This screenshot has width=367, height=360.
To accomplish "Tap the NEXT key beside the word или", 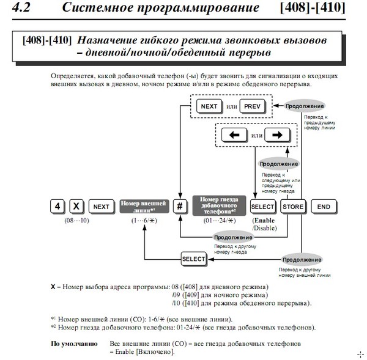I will [209, 107].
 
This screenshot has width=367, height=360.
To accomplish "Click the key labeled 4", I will [57, 207].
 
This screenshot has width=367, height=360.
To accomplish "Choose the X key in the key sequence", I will [76, 207].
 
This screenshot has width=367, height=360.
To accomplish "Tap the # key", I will [180, 207].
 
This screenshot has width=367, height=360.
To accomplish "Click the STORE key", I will [293, 207].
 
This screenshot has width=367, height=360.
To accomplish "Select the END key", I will [324, 207].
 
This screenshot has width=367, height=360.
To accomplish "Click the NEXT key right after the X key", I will [101, 207].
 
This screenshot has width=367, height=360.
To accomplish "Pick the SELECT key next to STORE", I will [263, 207].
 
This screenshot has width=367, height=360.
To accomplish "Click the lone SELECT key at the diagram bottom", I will [193, 259].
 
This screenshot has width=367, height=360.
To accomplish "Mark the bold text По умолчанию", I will [73, 344].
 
